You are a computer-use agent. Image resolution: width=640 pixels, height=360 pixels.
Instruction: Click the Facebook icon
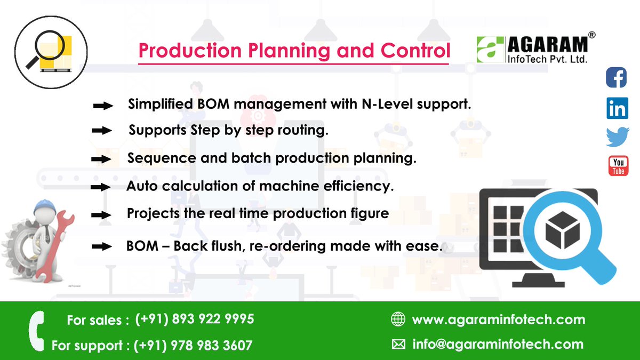(x=617, y=77)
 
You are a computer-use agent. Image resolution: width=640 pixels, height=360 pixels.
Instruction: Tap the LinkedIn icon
(x=617, y=108)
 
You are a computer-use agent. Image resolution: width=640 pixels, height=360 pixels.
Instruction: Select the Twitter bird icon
(x=618, y=137)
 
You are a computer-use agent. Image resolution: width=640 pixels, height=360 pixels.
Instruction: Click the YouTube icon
(x=618, y=166)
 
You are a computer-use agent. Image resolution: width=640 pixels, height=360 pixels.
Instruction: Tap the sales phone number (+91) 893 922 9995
(x=195, y=319)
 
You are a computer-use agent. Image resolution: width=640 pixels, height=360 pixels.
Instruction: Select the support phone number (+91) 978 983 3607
(x=193, y=346)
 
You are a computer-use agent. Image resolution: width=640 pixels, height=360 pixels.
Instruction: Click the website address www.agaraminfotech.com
(x=498, y=320)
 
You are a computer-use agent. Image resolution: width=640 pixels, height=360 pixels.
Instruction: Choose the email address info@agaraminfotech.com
(x=498, y=345)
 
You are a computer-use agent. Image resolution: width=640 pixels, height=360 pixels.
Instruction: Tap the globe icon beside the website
(x=398, y=319)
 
